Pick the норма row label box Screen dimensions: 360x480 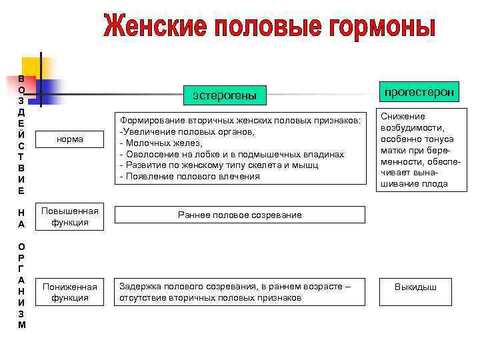71,139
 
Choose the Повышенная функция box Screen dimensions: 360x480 71,216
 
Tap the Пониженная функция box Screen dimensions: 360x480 71,292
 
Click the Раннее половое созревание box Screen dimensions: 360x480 240,215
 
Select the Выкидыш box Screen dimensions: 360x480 415,287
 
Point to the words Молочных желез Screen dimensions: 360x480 163,143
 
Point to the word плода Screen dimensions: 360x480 433,184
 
